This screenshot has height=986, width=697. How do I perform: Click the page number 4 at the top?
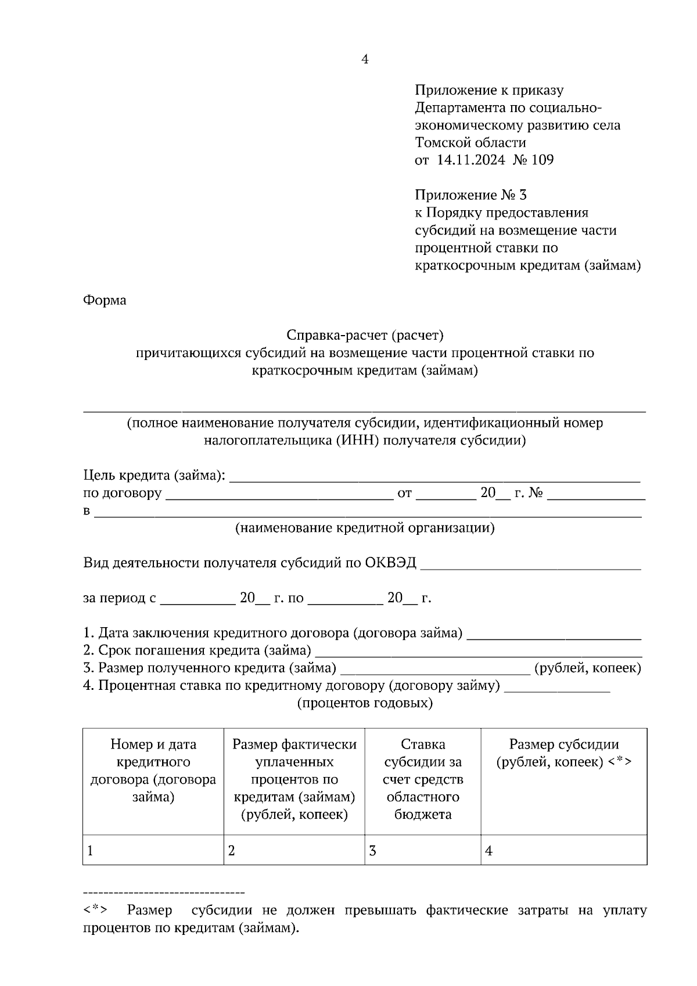click(x=365, y=59)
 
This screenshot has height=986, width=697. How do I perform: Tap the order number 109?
click(x=542, y=160)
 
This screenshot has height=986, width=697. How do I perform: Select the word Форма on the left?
click(x=105, y=300)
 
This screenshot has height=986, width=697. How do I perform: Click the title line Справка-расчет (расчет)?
click(x=365, y=335)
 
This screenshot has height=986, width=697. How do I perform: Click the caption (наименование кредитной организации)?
click(x=365, y=528)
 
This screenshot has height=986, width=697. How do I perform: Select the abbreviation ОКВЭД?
click(x=390, y=563)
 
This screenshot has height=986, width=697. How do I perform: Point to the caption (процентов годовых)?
click(x=365, y=703)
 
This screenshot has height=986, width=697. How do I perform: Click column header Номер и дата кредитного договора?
click(x=153, y=770)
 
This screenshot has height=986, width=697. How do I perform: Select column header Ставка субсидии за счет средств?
click(x=423, y=779)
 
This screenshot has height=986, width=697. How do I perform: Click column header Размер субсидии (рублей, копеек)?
click(x=563, y=753)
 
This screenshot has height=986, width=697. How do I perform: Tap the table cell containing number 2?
click(x=294, y=851)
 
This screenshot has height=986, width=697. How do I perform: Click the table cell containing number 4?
click(x=563, y=851)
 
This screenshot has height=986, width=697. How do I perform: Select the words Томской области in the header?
click(x=470, y=142)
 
